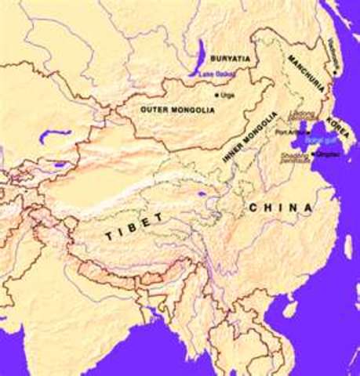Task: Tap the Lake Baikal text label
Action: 214,74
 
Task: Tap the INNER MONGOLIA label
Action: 249,136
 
